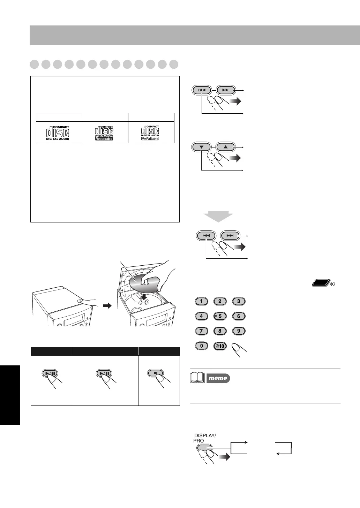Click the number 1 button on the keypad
click(201, 301)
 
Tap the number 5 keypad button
click(220, 317)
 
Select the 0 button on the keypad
click(201, 346)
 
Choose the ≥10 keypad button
click(220, 346)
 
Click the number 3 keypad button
click(239, 301)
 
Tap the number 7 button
click(201, 331)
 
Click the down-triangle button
click(202, 147)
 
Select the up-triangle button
click(226, 147)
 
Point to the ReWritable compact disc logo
click(151, 132)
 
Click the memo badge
click(218, 378)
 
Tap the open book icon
click(198, 378)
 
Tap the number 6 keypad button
click(239, 317)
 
